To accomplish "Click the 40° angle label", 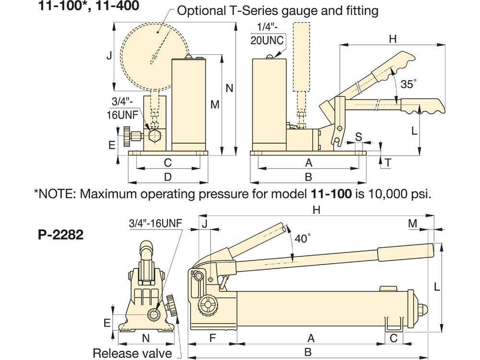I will tap(303, 238).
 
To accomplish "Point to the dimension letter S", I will tap(358, 136).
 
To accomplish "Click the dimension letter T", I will tap(387, 163).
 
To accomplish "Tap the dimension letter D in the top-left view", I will tap(168, 177).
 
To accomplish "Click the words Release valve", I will tap(132, 354).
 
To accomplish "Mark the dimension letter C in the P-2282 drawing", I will tap(393, 338).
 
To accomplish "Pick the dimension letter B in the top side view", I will tap(308, 177).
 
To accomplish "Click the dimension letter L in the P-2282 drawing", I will tap(436, 287).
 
